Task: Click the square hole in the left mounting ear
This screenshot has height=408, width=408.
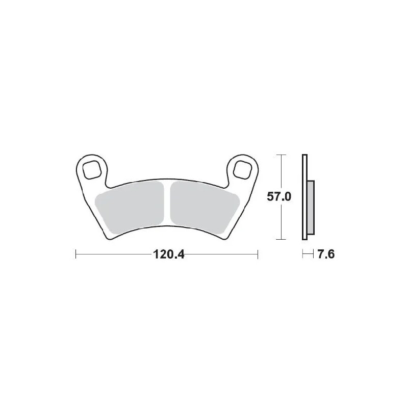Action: (92, 168)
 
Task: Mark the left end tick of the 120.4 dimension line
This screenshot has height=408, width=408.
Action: (76, 254)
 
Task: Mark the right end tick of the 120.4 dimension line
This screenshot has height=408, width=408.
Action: (258, 254)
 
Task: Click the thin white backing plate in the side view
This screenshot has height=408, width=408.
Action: (305, 196)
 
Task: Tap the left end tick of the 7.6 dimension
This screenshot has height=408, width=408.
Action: (302, 254)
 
